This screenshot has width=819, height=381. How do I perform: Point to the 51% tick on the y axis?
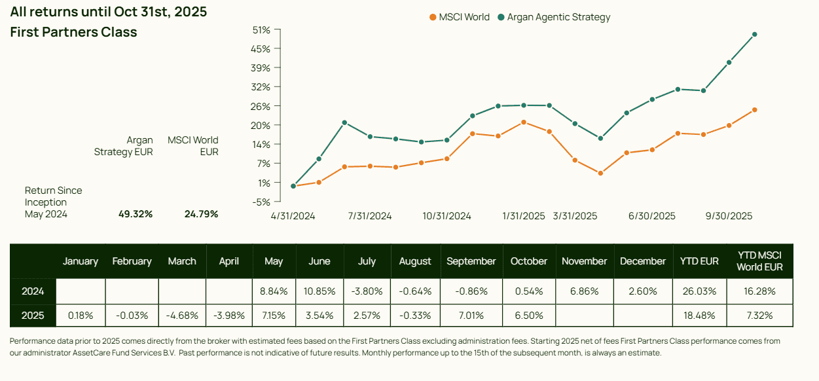(x=261, y=30)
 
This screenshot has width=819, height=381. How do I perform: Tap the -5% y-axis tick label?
(x=261, y=202)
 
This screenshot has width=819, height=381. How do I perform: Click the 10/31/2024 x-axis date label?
(x=446, y=216)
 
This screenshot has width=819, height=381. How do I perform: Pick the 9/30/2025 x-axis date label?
(x=729, y=216)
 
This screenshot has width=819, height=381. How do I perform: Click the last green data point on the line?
(x=754, y=35)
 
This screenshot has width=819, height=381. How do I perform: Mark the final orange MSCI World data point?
(x=754, y=109)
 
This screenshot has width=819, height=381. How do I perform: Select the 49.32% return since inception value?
(x=136, y=214)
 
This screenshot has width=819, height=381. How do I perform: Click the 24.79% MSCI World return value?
(x=201, y=214)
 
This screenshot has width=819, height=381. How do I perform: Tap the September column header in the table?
(x=471, y=261)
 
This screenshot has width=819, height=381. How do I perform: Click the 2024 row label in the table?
(x=33, y=291)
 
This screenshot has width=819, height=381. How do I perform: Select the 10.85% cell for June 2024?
(x=319, y=291)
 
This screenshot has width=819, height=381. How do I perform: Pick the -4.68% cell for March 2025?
(x=182, y=316)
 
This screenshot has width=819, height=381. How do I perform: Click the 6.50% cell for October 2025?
(x=528, y=316)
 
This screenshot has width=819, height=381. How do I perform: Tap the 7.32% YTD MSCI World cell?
(x=759, y=316)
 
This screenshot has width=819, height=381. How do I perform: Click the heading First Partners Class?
(x=73, y=32)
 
